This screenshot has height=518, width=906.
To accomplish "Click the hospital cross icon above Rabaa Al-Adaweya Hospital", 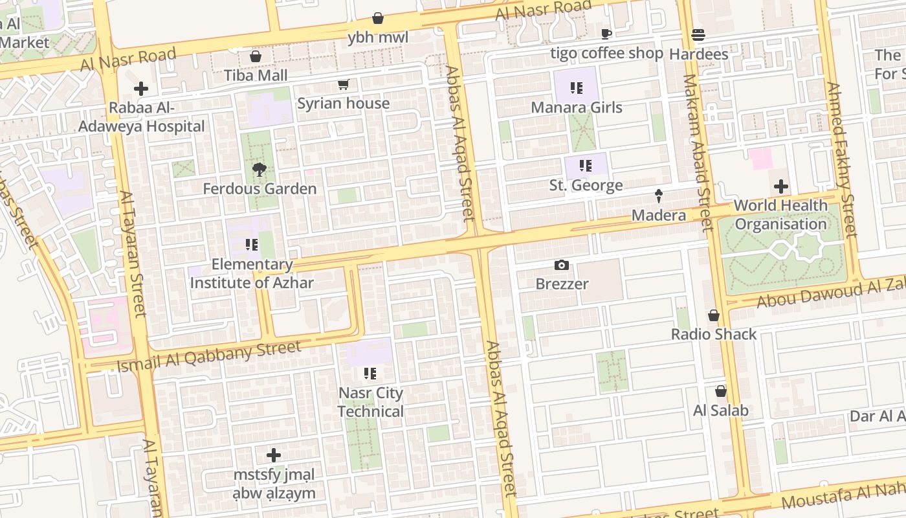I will click(141, 89).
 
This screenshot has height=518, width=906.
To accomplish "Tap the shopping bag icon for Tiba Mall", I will click(256, 57).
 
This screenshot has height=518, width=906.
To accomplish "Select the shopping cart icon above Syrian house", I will click(344, 85).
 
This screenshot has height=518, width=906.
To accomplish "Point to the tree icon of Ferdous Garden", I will click(260, 170).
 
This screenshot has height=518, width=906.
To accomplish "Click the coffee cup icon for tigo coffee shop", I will click(606, 34).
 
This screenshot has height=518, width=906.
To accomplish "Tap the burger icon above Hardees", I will click(698, 35).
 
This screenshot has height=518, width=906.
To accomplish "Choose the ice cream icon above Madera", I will click(659, 196).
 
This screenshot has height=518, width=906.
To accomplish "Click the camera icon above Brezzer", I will click(562, 265).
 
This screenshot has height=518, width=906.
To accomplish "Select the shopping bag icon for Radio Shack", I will click(714, 315).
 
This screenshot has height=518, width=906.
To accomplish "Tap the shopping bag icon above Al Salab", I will click(720, 392).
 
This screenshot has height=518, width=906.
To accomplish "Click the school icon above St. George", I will click(586, 166).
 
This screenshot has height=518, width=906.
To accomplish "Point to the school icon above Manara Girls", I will click(577, 89).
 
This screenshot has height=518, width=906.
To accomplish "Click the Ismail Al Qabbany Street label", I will click(208, 356).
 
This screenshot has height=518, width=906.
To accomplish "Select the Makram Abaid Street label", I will click(698, 153).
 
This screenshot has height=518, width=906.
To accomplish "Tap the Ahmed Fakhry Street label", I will click(842, 159).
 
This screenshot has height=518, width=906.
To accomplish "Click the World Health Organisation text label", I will click(781, 215).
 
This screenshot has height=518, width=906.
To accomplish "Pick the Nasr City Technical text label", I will click(371, 402).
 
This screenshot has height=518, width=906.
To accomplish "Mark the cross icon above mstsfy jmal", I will click(274, 455).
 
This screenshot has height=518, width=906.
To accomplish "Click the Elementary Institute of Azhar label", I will click(252, 273).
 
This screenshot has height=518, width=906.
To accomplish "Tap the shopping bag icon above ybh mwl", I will click(378, 19).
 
